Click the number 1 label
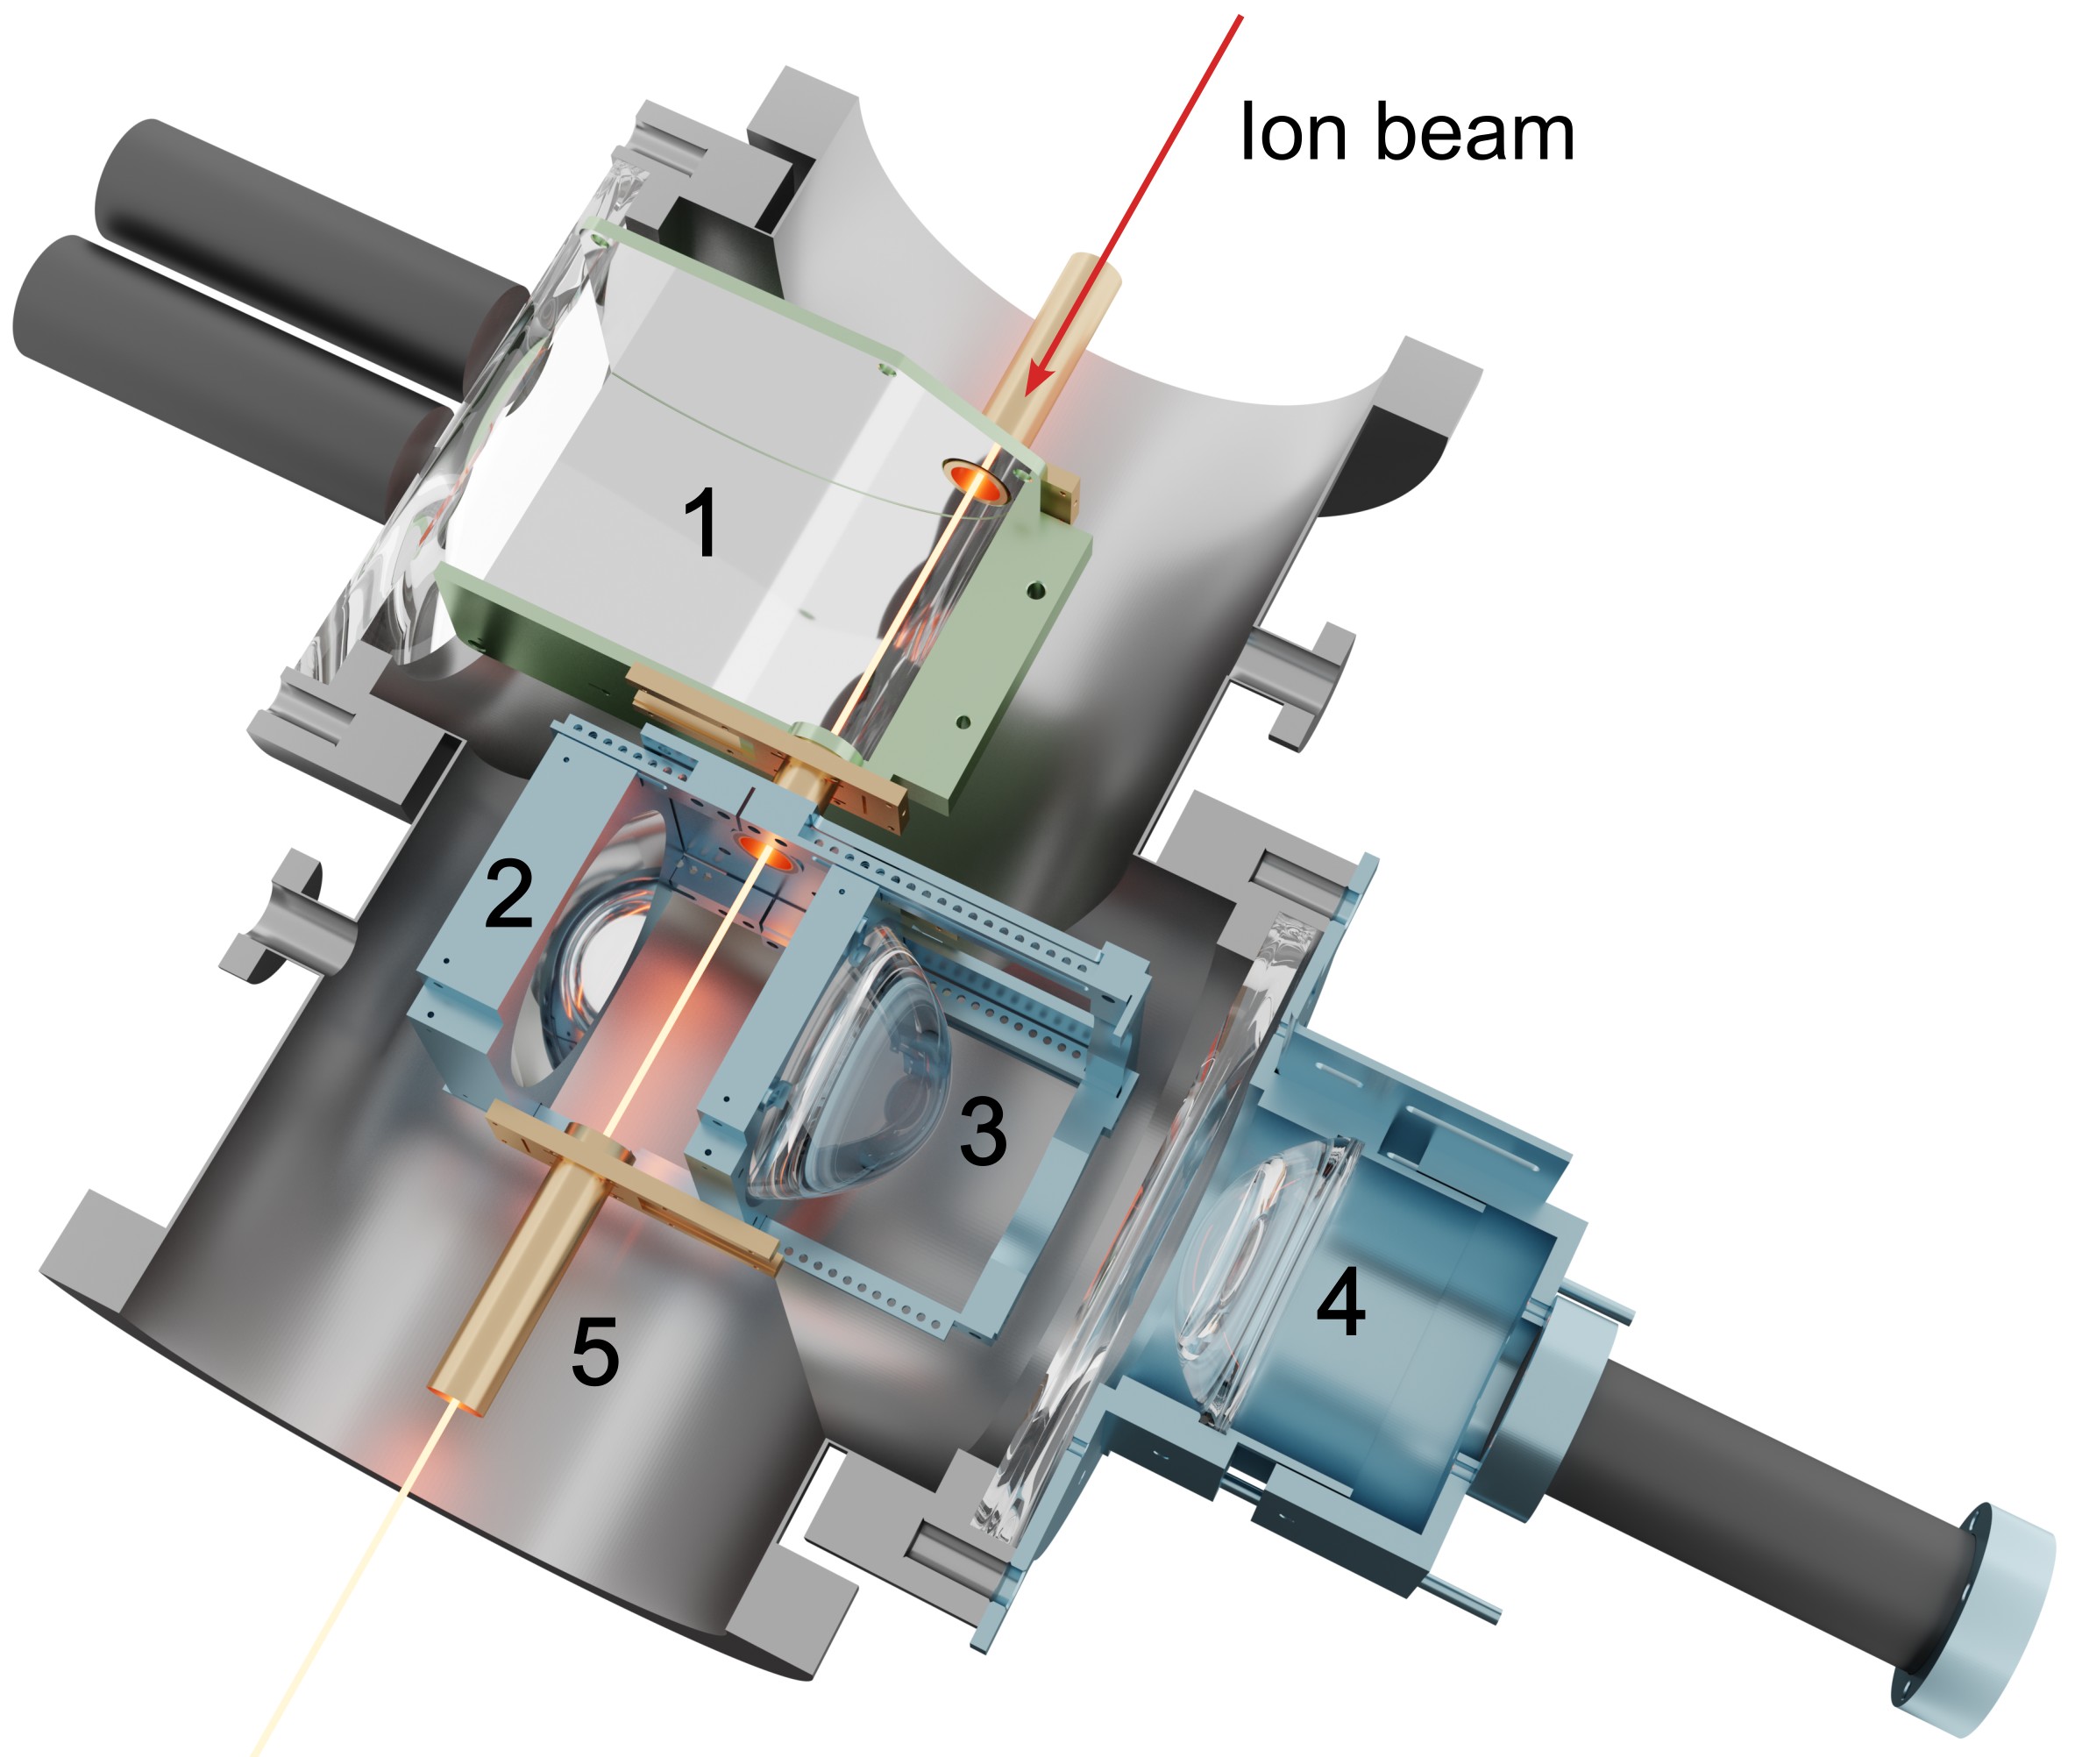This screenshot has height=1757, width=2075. point(702,522)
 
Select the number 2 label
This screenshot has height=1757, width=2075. point(508,893)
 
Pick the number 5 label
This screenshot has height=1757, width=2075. point(595,1350)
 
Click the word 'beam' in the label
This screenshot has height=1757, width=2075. point(1475,131)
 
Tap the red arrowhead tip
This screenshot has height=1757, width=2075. point(1028,395)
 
